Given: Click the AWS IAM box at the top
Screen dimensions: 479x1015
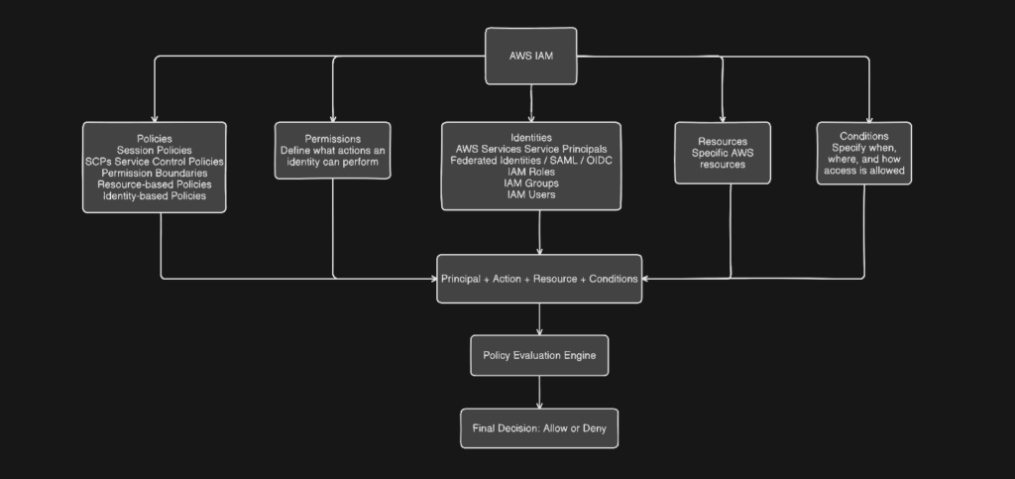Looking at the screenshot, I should tap(530, 56).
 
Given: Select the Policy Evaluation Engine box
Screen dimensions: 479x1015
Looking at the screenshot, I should tap(539, 355).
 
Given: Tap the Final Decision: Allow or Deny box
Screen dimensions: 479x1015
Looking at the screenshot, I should tap(539, 428).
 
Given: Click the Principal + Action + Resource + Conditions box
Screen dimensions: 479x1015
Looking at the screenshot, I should tap(539, 279).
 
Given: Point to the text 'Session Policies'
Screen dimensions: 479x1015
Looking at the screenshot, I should tap(154, 149).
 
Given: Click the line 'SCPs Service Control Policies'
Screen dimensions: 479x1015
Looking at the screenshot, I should tap(154, 161).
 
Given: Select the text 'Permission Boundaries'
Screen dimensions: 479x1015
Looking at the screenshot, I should tap(154, 173).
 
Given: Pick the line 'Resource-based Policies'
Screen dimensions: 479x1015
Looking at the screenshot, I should tap(154, 184).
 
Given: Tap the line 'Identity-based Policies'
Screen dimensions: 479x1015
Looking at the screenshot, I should tap(154, 196).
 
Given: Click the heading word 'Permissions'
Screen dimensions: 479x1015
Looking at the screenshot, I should tap(333, 138).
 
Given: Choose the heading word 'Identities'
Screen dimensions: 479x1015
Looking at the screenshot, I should tap(531, 137).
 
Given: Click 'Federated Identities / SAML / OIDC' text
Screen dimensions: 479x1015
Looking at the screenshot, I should tap(531, 160).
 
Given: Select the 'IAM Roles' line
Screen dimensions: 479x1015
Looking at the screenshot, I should tap(531, 172).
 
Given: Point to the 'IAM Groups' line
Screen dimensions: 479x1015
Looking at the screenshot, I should tap(531, 183).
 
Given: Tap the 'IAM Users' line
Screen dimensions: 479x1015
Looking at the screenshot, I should tap(531, 195).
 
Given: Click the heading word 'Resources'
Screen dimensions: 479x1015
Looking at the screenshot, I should tap(722, 142).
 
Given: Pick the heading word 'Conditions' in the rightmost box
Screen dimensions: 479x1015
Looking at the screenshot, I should tap(863, 136).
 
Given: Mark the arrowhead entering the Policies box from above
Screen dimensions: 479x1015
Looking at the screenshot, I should tap(154, 117).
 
